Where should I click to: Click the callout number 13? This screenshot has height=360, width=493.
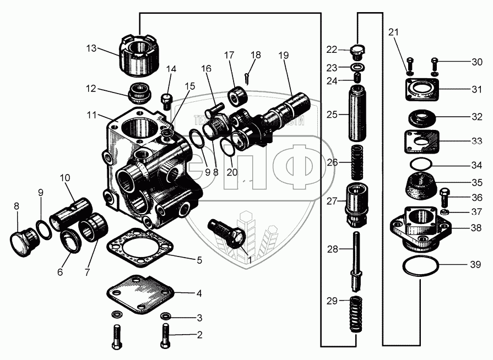(x=91, y=48)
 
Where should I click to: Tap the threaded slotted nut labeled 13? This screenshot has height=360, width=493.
(x=139, y=56)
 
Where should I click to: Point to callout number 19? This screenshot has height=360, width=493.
(x=284, y=55)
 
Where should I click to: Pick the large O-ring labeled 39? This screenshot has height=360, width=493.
(x=421, y=266)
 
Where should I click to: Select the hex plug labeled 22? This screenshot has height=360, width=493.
(x=359, y=51)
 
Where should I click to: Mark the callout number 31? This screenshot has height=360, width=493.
(x=476, y=88)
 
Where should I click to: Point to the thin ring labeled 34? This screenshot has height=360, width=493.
(x=422, y=164)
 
